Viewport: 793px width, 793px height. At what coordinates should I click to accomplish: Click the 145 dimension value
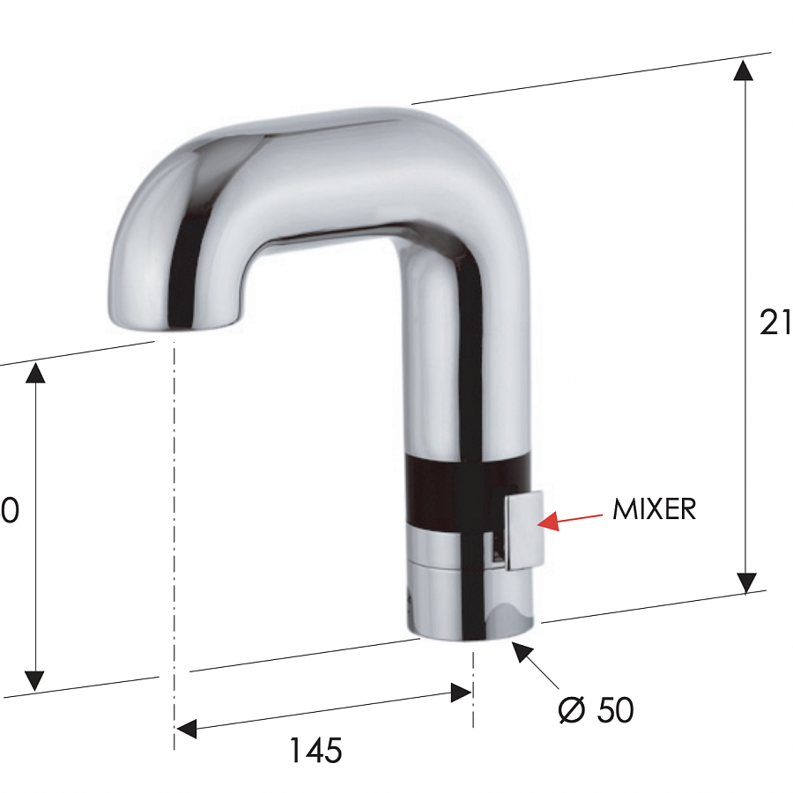click(315, 751)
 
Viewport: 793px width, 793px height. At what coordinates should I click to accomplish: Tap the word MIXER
click(654, 509)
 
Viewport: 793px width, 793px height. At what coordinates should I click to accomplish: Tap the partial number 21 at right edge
click(774, 323)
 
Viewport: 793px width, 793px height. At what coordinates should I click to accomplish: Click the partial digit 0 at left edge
click(10, 510)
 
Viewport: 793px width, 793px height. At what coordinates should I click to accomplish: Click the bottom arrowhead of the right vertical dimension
click(746, 582)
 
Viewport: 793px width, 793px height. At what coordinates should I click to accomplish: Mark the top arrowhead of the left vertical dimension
click(34, 373)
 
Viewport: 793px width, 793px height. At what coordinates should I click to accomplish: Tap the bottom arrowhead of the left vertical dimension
click(34, 679)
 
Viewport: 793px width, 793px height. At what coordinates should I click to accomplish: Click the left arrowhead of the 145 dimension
click(186, 729)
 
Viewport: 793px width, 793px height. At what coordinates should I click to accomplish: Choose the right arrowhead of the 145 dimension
click(461, 693)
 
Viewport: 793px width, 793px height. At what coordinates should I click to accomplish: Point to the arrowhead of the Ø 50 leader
click(522, 653)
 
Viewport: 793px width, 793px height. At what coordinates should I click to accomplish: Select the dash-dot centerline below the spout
click(174, 529)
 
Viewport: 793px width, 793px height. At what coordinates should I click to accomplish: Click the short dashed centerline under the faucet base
click(473, 687)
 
